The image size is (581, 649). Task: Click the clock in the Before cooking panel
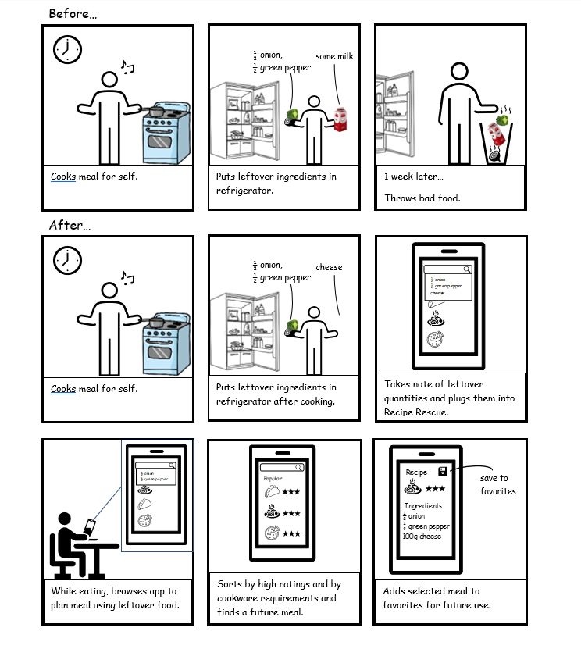tap(67, 49)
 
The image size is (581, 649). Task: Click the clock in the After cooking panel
tap(67, 261)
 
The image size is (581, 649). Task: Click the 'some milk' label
tap(335, 56)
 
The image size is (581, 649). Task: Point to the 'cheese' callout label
tap(329, 267)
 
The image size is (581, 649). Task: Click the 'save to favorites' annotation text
tap(497, 484)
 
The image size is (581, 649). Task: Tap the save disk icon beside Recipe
tap(443, 471)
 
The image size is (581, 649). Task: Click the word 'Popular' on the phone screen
tap(273, 478)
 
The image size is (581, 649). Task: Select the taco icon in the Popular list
tap(272, 492)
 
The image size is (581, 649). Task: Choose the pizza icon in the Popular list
tap(273, 534)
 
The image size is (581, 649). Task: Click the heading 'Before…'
tap(73, 13)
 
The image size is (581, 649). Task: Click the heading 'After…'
tap(70, 225)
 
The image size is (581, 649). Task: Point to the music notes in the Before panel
tap(127, 68)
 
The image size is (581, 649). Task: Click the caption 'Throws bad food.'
tap(422, 198)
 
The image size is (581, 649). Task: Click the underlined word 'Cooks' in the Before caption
tap(63, 177)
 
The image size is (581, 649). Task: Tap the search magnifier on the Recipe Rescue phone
tap(467, 269)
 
